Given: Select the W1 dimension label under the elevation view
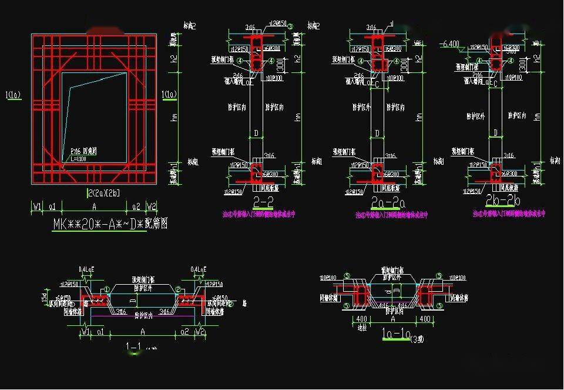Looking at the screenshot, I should coord(37,206).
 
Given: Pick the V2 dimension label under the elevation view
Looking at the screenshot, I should coord(152,206).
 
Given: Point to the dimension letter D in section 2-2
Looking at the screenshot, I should coord(256,133).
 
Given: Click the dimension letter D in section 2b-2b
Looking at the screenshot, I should coord(496,133).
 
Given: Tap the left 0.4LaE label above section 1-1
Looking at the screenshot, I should coord(86,269).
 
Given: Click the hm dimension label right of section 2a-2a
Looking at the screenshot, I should coord(416,118).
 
